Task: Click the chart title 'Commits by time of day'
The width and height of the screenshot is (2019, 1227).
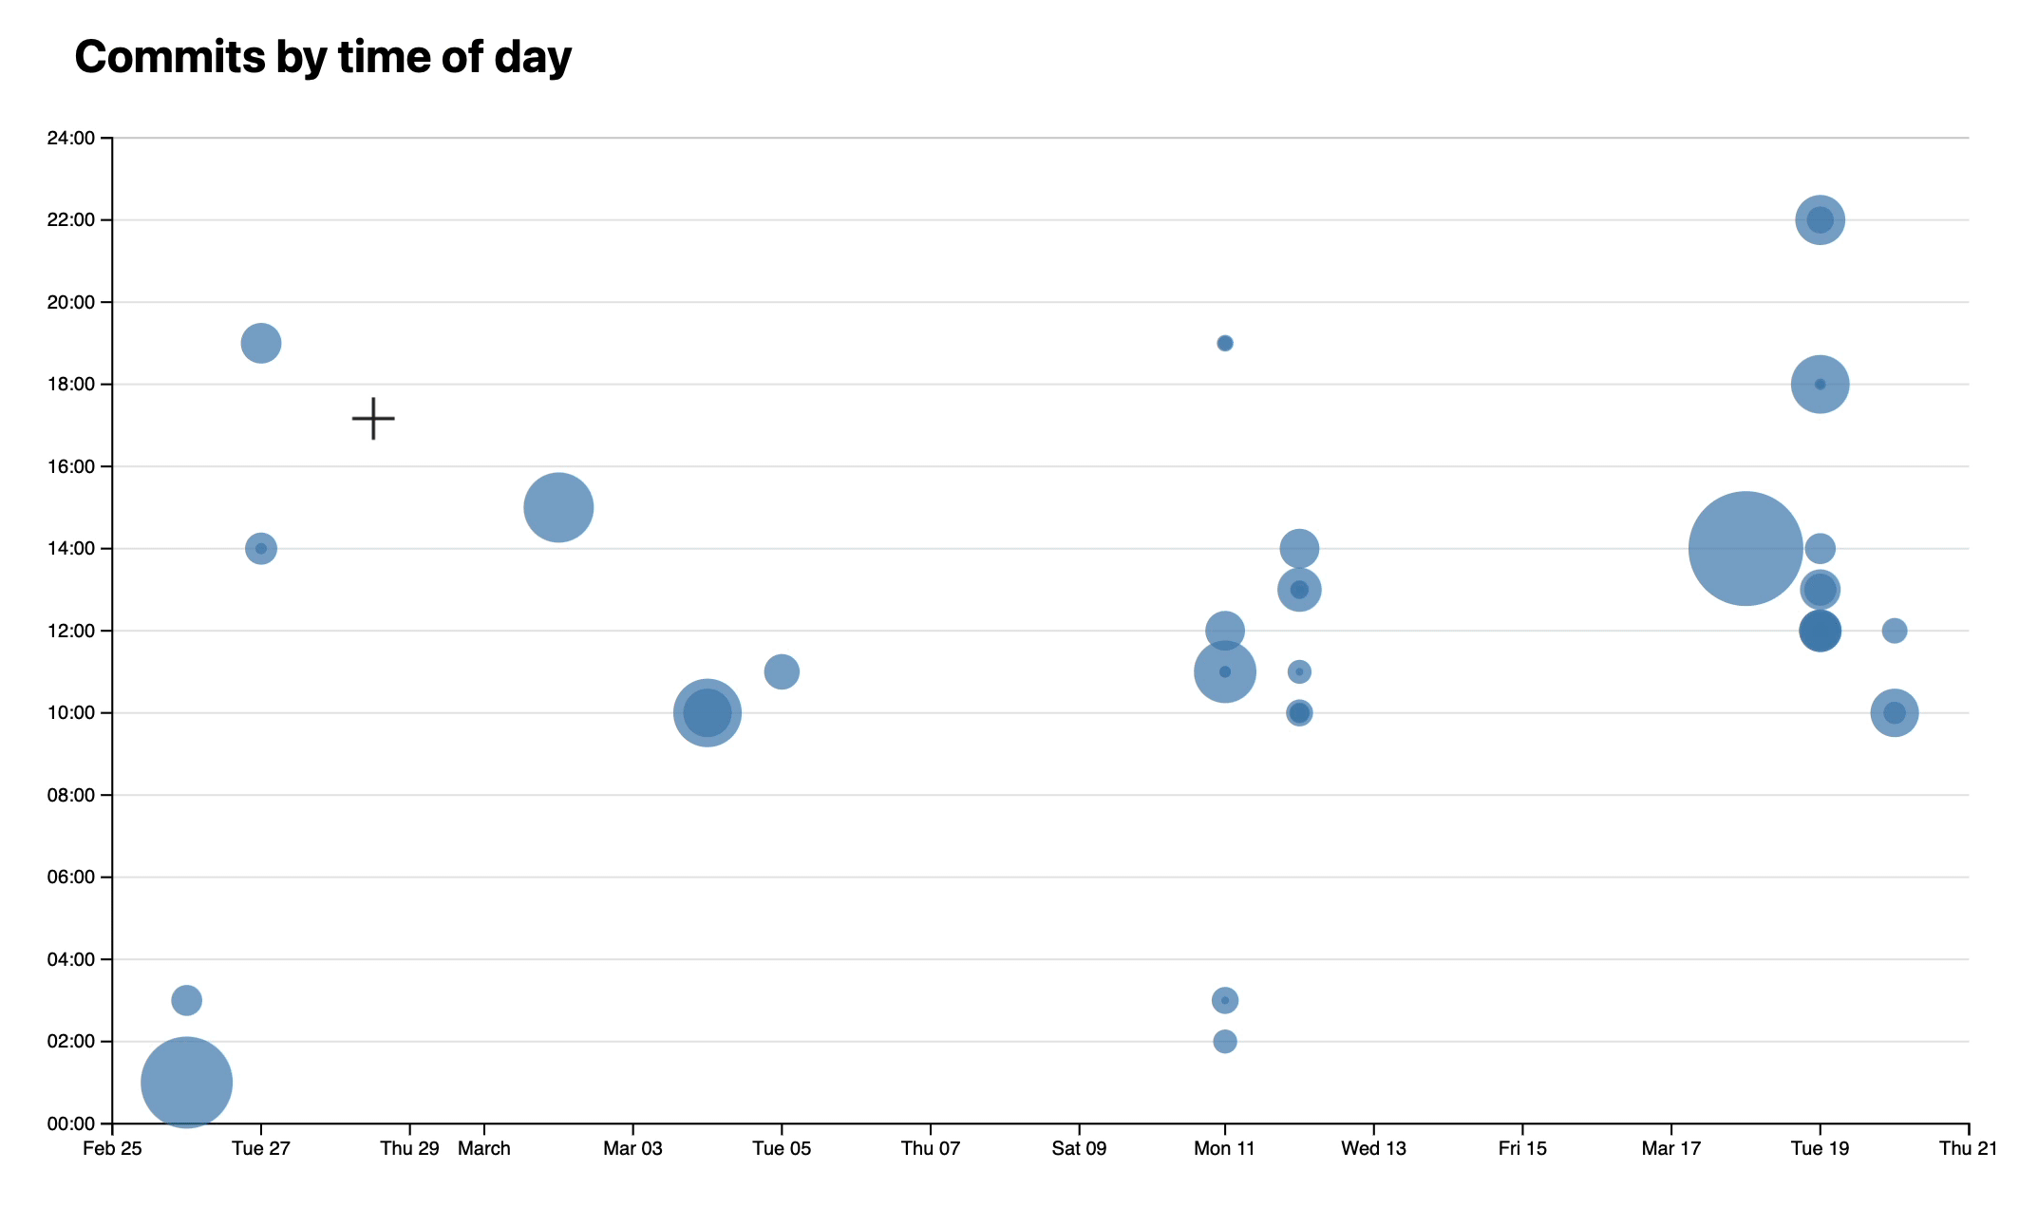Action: [323, 57]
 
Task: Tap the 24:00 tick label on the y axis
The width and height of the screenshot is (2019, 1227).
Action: [70, 139]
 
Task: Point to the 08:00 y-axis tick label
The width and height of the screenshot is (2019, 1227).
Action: [70, 796]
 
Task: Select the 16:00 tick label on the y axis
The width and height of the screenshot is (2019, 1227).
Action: [70, 467]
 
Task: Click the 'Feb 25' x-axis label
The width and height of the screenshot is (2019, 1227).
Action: [112, 1149]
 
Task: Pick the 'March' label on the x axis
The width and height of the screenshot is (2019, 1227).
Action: [484, 1149]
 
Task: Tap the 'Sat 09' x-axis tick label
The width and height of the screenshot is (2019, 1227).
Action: [1079, 1149]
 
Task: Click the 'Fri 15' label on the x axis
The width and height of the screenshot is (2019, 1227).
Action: [1522, 1149]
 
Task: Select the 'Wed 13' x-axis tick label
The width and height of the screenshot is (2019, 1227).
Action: [1373, 1149]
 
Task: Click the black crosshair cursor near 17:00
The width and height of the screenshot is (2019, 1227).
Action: [373, 418]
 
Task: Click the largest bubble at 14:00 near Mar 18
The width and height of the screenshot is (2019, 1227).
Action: [1745, 549]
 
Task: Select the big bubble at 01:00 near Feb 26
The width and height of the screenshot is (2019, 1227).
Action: [187, 1083]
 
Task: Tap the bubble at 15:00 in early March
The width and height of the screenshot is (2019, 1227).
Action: [558, 508]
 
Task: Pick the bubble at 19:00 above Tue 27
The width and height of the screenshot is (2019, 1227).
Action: [261, 343]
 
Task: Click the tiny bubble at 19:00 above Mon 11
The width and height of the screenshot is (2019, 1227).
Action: [1225, 343]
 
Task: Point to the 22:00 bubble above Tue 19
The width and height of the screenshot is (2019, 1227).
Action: [1820, 220]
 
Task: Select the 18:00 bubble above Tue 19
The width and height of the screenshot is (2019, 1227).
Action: [1820, 385]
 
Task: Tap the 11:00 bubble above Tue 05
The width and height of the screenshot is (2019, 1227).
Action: [782, 672]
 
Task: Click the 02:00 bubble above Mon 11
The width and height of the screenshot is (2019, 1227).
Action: [1225, 1042]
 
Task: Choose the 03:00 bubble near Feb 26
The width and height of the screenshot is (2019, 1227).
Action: [187, 1000]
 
